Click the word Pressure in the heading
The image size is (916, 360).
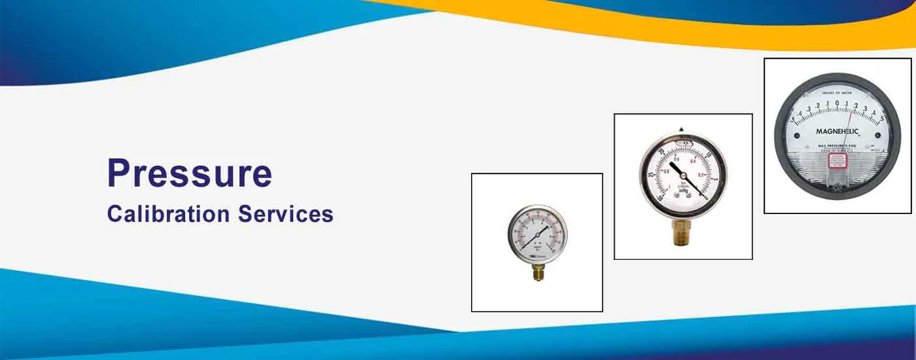tap(189, 174)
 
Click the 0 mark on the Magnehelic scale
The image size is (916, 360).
tap(837, 104)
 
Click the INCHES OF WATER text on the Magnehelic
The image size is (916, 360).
tap(837, 94)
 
